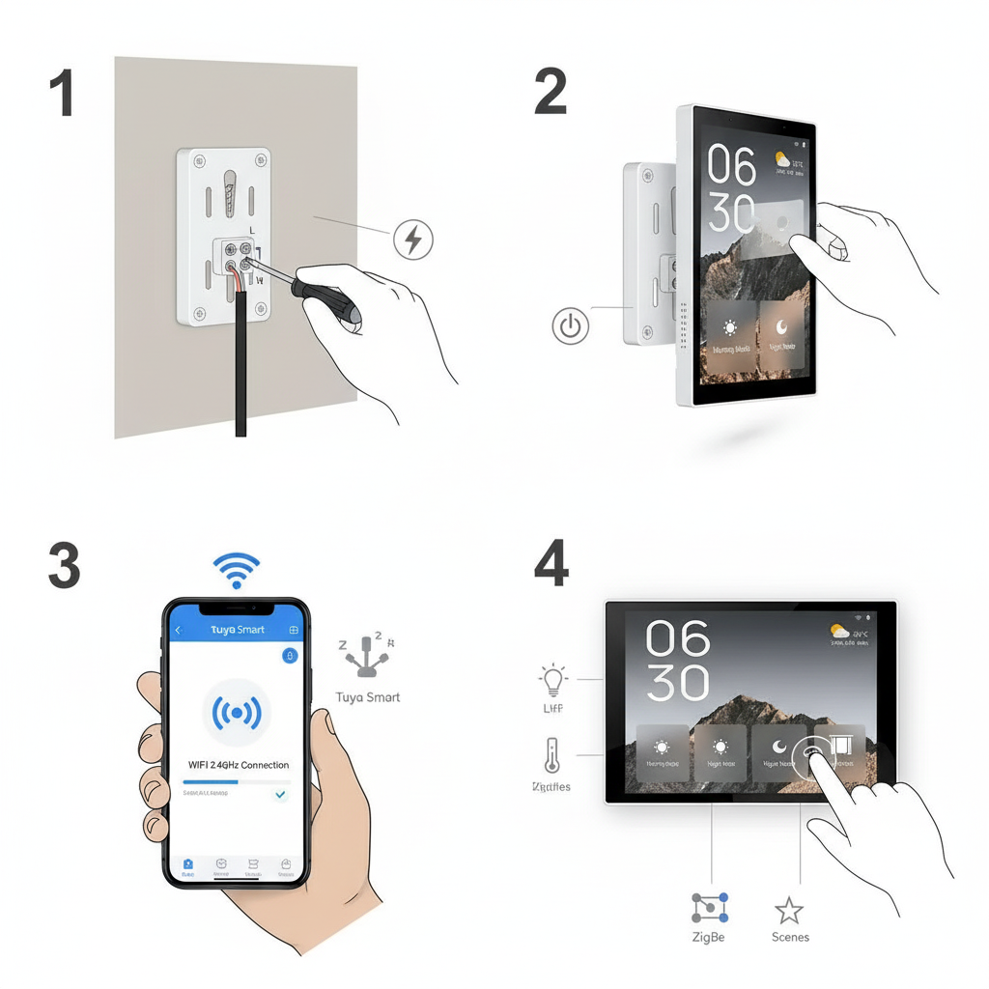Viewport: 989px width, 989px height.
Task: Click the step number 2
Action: [551, 94]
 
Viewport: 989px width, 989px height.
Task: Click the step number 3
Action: [64, 566]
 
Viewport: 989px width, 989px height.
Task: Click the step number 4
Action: [551, 566]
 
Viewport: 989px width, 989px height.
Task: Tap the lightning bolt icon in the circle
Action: [414, 239]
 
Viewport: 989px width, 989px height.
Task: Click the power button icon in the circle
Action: [571, 326]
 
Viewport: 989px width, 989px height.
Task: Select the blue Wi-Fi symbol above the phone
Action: [237, 571]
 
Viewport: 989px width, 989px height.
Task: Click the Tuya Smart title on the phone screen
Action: [237, 630]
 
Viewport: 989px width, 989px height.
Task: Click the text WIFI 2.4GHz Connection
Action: [238, 765]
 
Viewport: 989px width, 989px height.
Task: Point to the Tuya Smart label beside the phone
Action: [367, 697]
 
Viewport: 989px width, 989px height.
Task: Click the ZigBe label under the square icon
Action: [708, 937]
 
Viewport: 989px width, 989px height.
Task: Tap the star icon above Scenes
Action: [789, 909]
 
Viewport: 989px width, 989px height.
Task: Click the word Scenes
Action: [790, 937]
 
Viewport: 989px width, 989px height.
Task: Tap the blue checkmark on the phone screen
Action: [280, 794]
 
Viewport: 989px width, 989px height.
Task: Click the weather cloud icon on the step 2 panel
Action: [783, 159]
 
